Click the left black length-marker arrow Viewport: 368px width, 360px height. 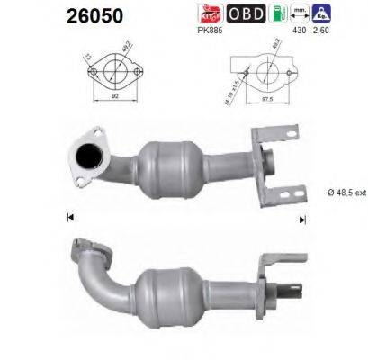click(70, 217)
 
